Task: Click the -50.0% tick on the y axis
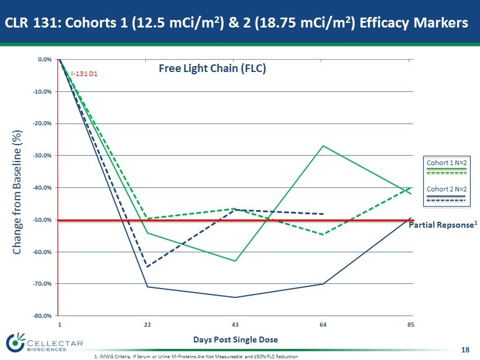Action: pos(46,220)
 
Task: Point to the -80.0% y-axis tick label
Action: pos(46,316)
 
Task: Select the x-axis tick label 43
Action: pos(235,324)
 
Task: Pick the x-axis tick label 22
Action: pos(147,324)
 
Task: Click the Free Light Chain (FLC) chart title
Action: pos(213,68)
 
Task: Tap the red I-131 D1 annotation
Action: pos(84,74)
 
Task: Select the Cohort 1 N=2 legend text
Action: pos(446,162)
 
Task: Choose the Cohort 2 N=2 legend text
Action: pos(446,188)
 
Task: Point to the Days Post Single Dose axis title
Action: pos(235,340)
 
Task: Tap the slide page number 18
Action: pos(465,350)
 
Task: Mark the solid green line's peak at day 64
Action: pos(323,146)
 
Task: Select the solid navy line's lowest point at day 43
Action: pos(235,297)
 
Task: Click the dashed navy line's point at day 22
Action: pos(147,267)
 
